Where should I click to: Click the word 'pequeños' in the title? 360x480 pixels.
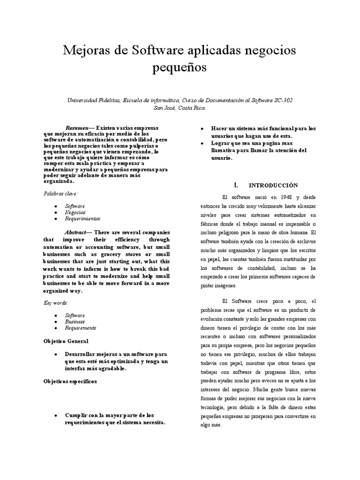(x=180, y=68)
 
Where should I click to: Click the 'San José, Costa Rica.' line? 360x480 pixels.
(x=180, y=107)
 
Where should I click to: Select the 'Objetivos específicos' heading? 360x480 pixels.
(x=70, y=382)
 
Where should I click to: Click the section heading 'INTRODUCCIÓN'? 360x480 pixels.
(x=273, y=185)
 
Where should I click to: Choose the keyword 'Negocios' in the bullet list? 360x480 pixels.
(x=75, y=212)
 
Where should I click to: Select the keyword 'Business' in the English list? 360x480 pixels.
(x=75, y=322)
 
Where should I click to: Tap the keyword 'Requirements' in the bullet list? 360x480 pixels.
(x=80, y=328)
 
